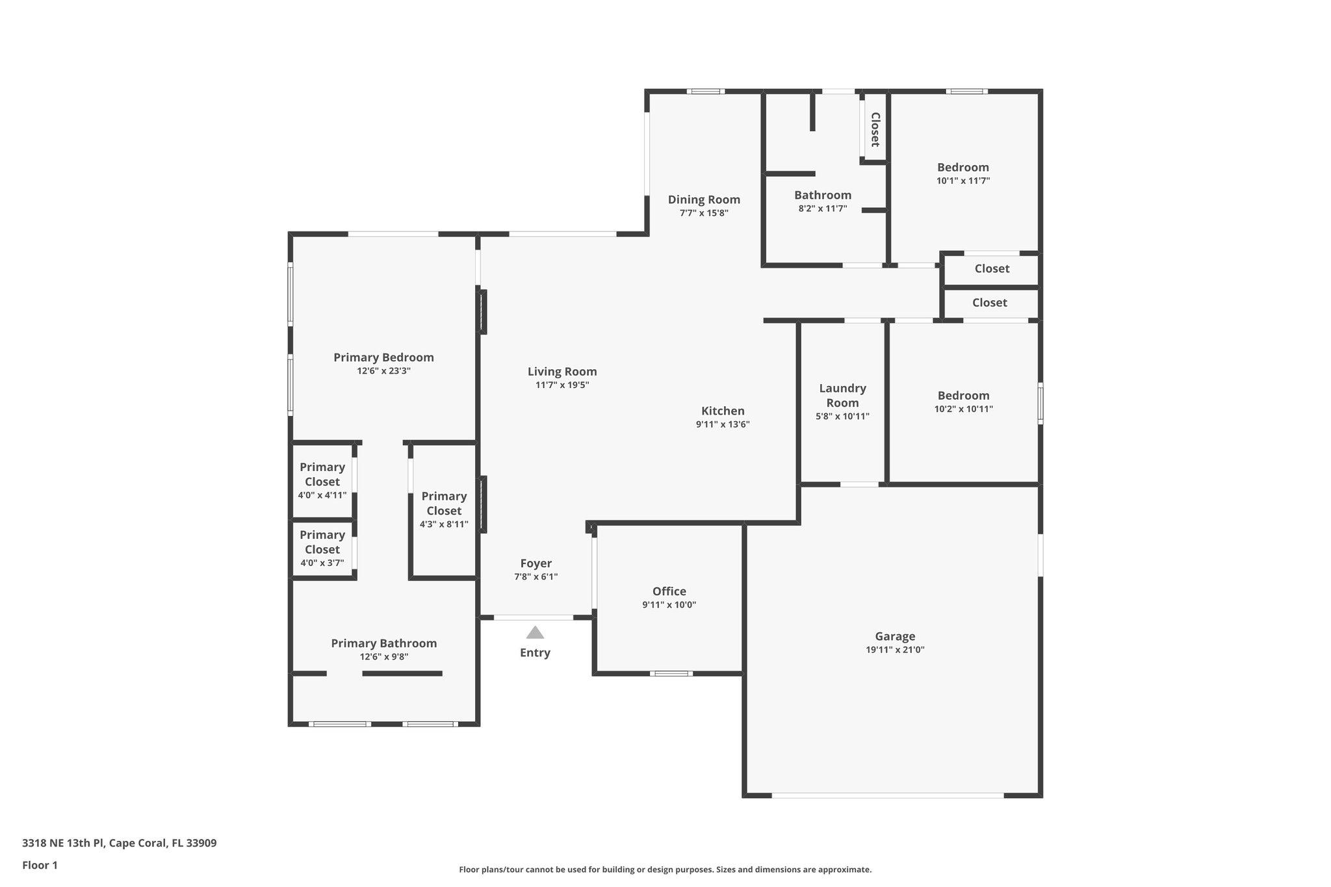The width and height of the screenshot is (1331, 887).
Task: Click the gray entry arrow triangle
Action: pyautogui.click(x=534, y=633)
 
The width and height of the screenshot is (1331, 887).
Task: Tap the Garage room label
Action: pyautogui.click(x=895, y=637)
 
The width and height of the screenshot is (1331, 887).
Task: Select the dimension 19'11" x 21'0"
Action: pyautogui.click(x=895, y=650)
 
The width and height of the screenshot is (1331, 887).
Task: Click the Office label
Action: pyautogui.click(x=669, y=591)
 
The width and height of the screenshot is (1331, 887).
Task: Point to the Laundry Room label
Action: pyautogui.click(x=842, y=395)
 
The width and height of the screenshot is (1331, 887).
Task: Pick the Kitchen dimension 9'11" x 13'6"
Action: pyautogui.click(x=723, y=425)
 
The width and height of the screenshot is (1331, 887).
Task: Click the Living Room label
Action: pyautogui.click(x=562, y=372)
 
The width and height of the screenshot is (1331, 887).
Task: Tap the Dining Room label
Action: pyautogui.click(x=704, y=199)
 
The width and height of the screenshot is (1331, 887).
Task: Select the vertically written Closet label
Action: pyautogui.click(x=875, y=129)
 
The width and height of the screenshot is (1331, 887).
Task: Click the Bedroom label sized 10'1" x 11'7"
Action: pyautogui.click(x=963, y=168)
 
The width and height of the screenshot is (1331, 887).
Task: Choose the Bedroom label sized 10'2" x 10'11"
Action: pyautogui.click(x=963, y=396)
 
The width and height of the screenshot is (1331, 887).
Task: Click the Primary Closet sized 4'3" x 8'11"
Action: pyautogui.click(x=444, y=504)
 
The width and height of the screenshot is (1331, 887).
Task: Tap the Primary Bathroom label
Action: pyautogui.click(x=383, y=643)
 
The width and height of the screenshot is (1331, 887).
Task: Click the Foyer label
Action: pyautogui.click(x=536, y=563)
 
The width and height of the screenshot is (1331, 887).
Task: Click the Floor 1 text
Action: pyautogui.click(x=40, y=866)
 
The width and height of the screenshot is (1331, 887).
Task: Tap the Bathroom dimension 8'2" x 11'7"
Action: pyautogui.click(x=822, y=209)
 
